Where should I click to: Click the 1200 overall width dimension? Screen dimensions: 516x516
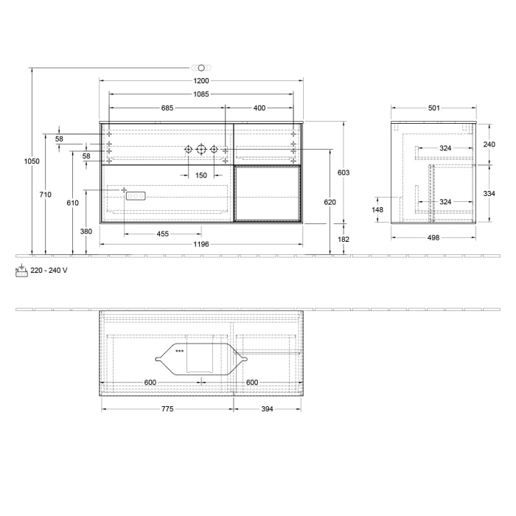pos(201,80)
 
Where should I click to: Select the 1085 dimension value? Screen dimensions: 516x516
pos(201,94)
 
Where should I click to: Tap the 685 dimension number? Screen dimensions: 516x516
pos(167,108)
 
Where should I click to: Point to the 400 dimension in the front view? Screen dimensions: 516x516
pos(259,108)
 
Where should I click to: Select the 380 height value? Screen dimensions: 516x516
pos(86,231)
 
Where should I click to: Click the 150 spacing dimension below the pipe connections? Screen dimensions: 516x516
pos(201,175)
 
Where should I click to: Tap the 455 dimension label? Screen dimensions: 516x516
pos(163,234)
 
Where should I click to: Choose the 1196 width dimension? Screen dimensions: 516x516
pos(201,244)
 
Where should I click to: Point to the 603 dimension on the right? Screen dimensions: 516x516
pos(343,172)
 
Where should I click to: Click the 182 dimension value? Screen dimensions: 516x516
pos(343,240)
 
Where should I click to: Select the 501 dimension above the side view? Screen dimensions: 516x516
pos(434,108)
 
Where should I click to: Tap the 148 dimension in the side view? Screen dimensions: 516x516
pos(377,209)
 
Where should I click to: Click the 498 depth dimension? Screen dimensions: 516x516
pos(433,237)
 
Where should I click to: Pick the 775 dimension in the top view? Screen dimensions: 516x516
pos(167,409)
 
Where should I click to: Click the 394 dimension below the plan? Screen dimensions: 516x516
pos(266,409)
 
